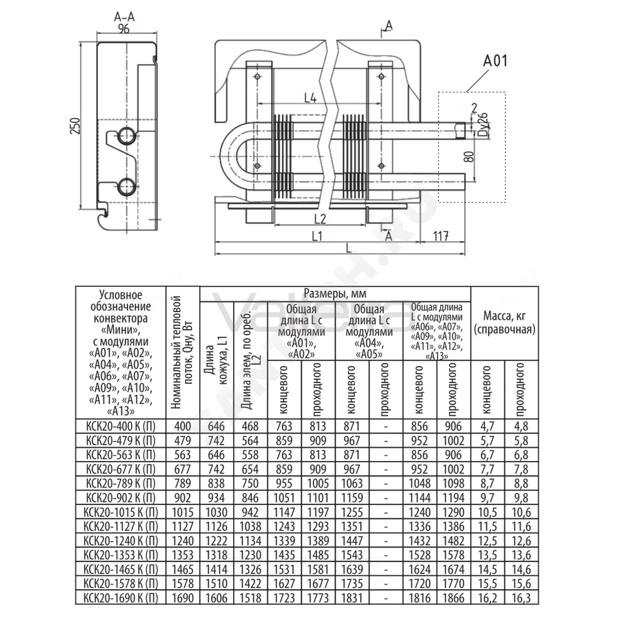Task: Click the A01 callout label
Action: pyautogui.click(x=495, y=61)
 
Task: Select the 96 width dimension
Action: pyautogui.click(x=124, y=29)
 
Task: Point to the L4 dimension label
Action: pyautogui.click(x=310, y=97)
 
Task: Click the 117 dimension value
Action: pyautogui.click(x=441, y=236)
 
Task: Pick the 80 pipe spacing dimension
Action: pyautogui.click(x=469, y=156)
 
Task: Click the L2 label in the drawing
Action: pyautogui.click(x=320, y=219)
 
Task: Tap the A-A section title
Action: pyautogui.click(x=124, y=17)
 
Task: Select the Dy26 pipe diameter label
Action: pyautogui.click(x=484, y=124)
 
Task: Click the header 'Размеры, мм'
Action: pyautogui.click(x=335, y=293)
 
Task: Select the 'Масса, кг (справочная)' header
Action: pyautogui.click(x=504, y=322)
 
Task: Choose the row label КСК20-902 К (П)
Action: pyautogui.click(x=121, y=498)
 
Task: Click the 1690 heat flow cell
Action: pyautogui.click(x=183, y=598)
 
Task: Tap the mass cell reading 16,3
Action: pyautogui.click(x=521, y=598)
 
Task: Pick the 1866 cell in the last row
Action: pyautogui.click(x=453, y=598)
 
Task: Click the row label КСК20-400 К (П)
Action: pyautogui.click(x=121, y=426)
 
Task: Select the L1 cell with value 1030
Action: pyautogui.click(x=216, y=512)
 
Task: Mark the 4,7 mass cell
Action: pyautogui.click(x=487, y=426)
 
